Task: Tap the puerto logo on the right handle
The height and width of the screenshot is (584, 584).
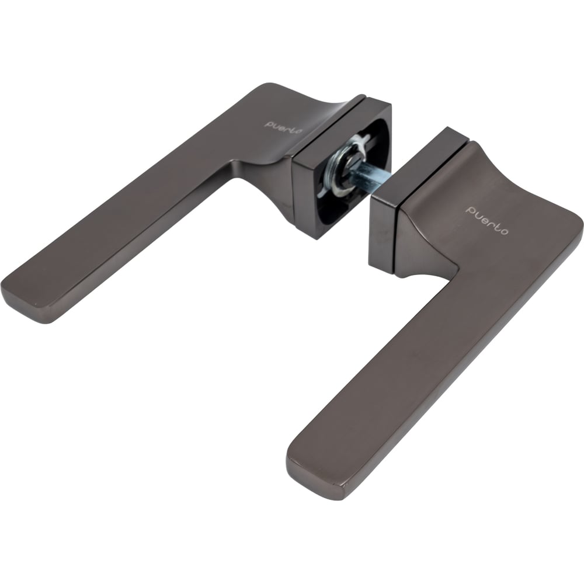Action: coord(487,221)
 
